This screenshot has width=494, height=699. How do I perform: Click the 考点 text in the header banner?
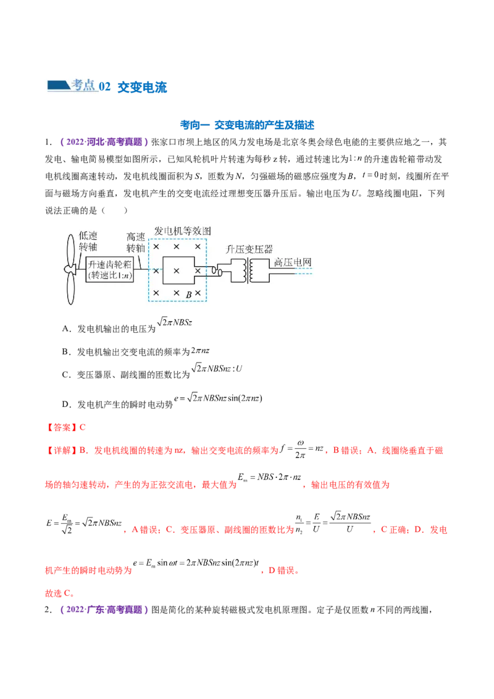[84, 85]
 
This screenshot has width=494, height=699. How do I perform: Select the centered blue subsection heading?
[247, 125]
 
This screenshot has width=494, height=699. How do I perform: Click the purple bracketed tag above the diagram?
[104, 142]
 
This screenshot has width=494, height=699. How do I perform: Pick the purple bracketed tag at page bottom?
[104, 610]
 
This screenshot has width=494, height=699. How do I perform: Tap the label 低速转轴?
[88, 242]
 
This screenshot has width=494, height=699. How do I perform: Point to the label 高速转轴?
[135, 242]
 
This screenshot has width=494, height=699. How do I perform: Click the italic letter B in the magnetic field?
[189, 295]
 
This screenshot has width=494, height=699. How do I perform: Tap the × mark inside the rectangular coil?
[176, 270]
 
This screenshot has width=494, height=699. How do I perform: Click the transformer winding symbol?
[250, 270]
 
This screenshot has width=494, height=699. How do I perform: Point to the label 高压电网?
[293, 262]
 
